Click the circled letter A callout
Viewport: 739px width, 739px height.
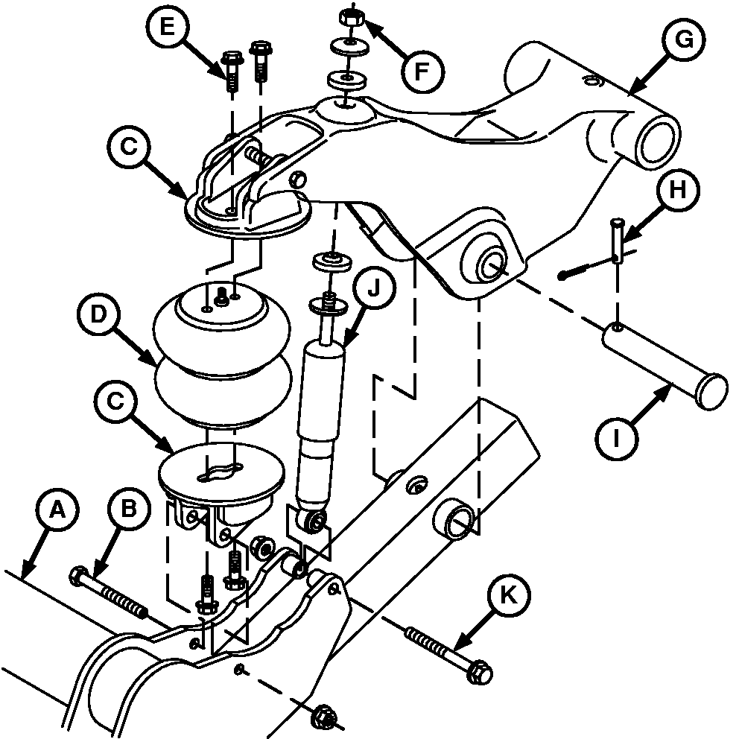click(x=57, y=510)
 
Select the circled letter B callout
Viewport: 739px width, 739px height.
click(x=129, y=510)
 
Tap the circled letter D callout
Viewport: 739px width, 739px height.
click(x=98, y=315)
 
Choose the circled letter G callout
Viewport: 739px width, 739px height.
click(x=684, y=39)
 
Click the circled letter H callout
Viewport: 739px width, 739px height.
click(x=678, y=191)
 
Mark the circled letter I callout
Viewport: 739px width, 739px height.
click(x=617, y=439)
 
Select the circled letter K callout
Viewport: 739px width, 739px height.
click(x=509, y=596)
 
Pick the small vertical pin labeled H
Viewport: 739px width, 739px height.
click(x=618, y=239)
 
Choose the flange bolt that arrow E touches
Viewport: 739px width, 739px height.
click(x=231, y=72)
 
